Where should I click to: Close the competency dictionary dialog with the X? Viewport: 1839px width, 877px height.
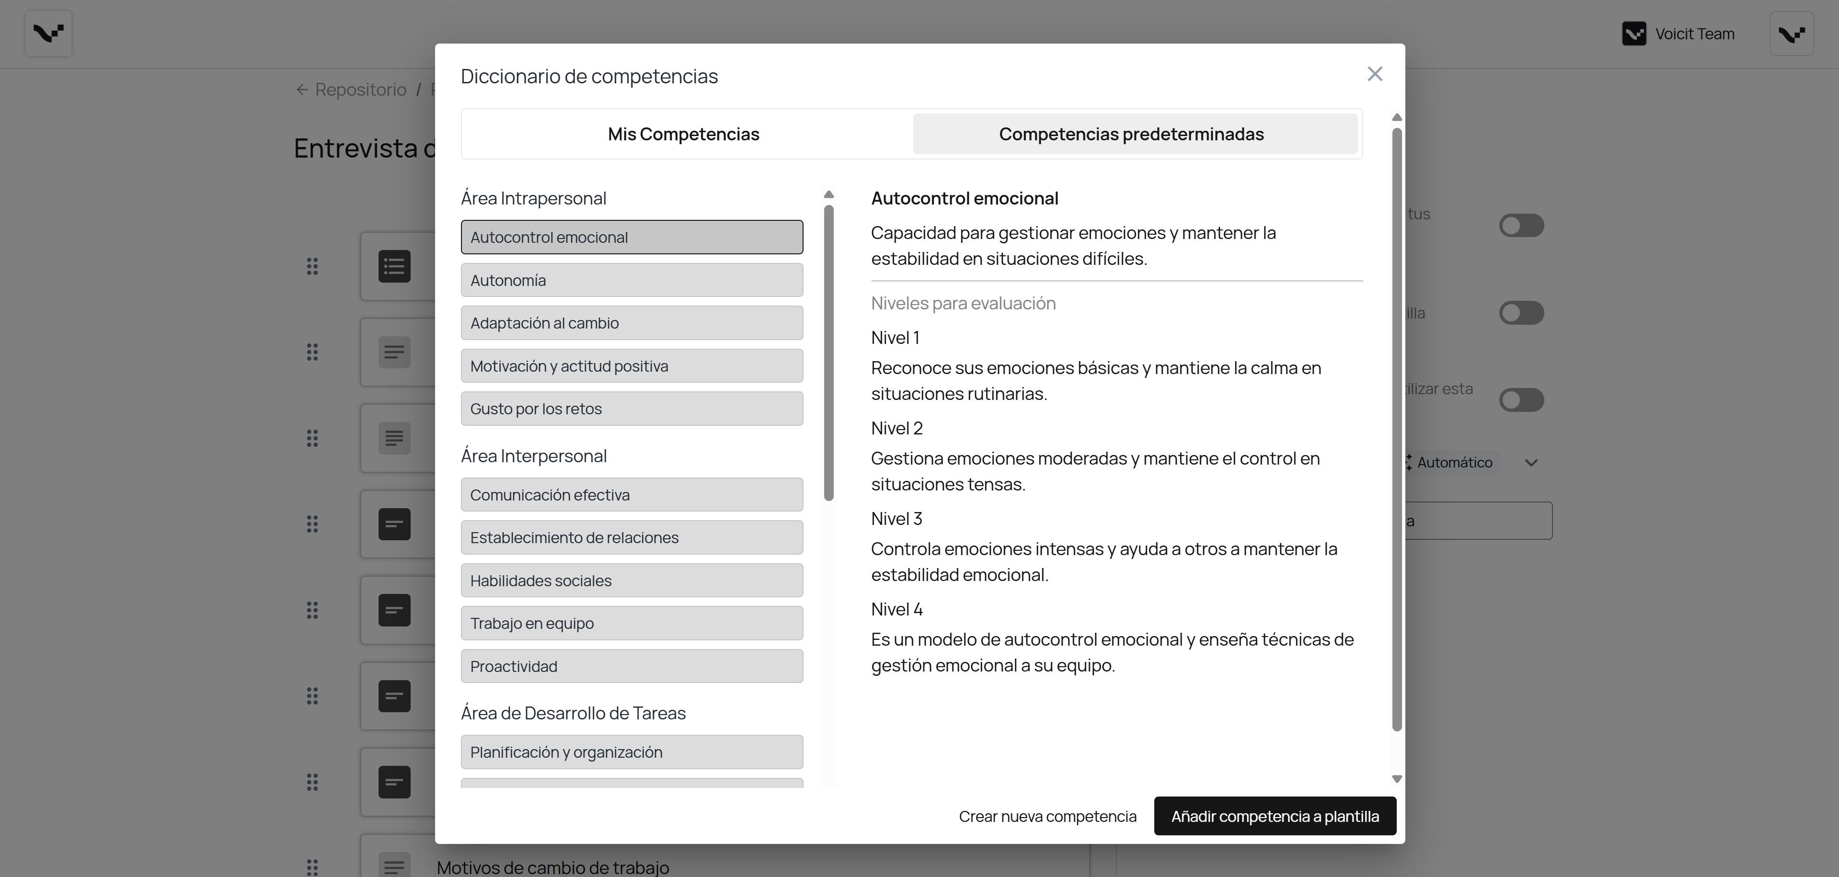[x=1374, y=74]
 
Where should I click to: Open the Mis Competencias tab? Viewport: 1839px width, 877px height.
[x=683, y=134]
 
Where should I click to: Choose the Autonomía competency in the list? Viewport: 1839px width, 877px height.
[x=631, y=281]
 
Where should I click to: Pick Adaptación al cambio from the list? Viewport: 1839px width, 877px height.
[x=631, y=323]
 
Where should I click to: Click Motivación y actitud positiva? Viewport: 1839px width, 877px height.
[x=631, y=366]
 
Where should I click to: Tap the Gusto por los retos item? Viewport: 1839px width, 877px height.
[x=631, y=409]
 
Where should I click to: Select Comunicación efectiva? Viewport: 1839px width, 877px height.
[x=631, y=495]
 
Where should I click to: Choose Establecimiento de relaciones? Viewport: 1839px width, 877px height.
[x=631, y=538]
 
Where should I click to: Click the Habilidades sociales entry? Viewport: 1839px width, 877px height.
[x=631, y=581]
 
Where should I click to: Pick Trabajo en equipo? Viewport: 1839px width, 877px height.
[x=631, y=624]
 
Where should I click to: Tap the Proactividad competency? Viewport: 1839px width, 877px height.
[x=631, y=667]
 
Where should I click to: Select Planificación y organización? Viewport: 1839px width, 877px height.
[x=631, y=752]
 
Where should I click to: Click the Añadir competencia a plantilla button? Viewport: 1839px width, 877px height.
[x=1274, y=816]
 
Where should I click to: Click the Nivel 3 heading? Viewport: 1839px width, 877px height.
[x=897, y=519]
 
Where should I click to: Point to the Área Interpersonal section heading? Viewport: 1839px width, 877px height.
[x=533, y=456]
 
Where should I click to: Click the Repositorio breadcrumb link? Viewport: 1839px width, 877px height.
[x=360, y=90]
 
